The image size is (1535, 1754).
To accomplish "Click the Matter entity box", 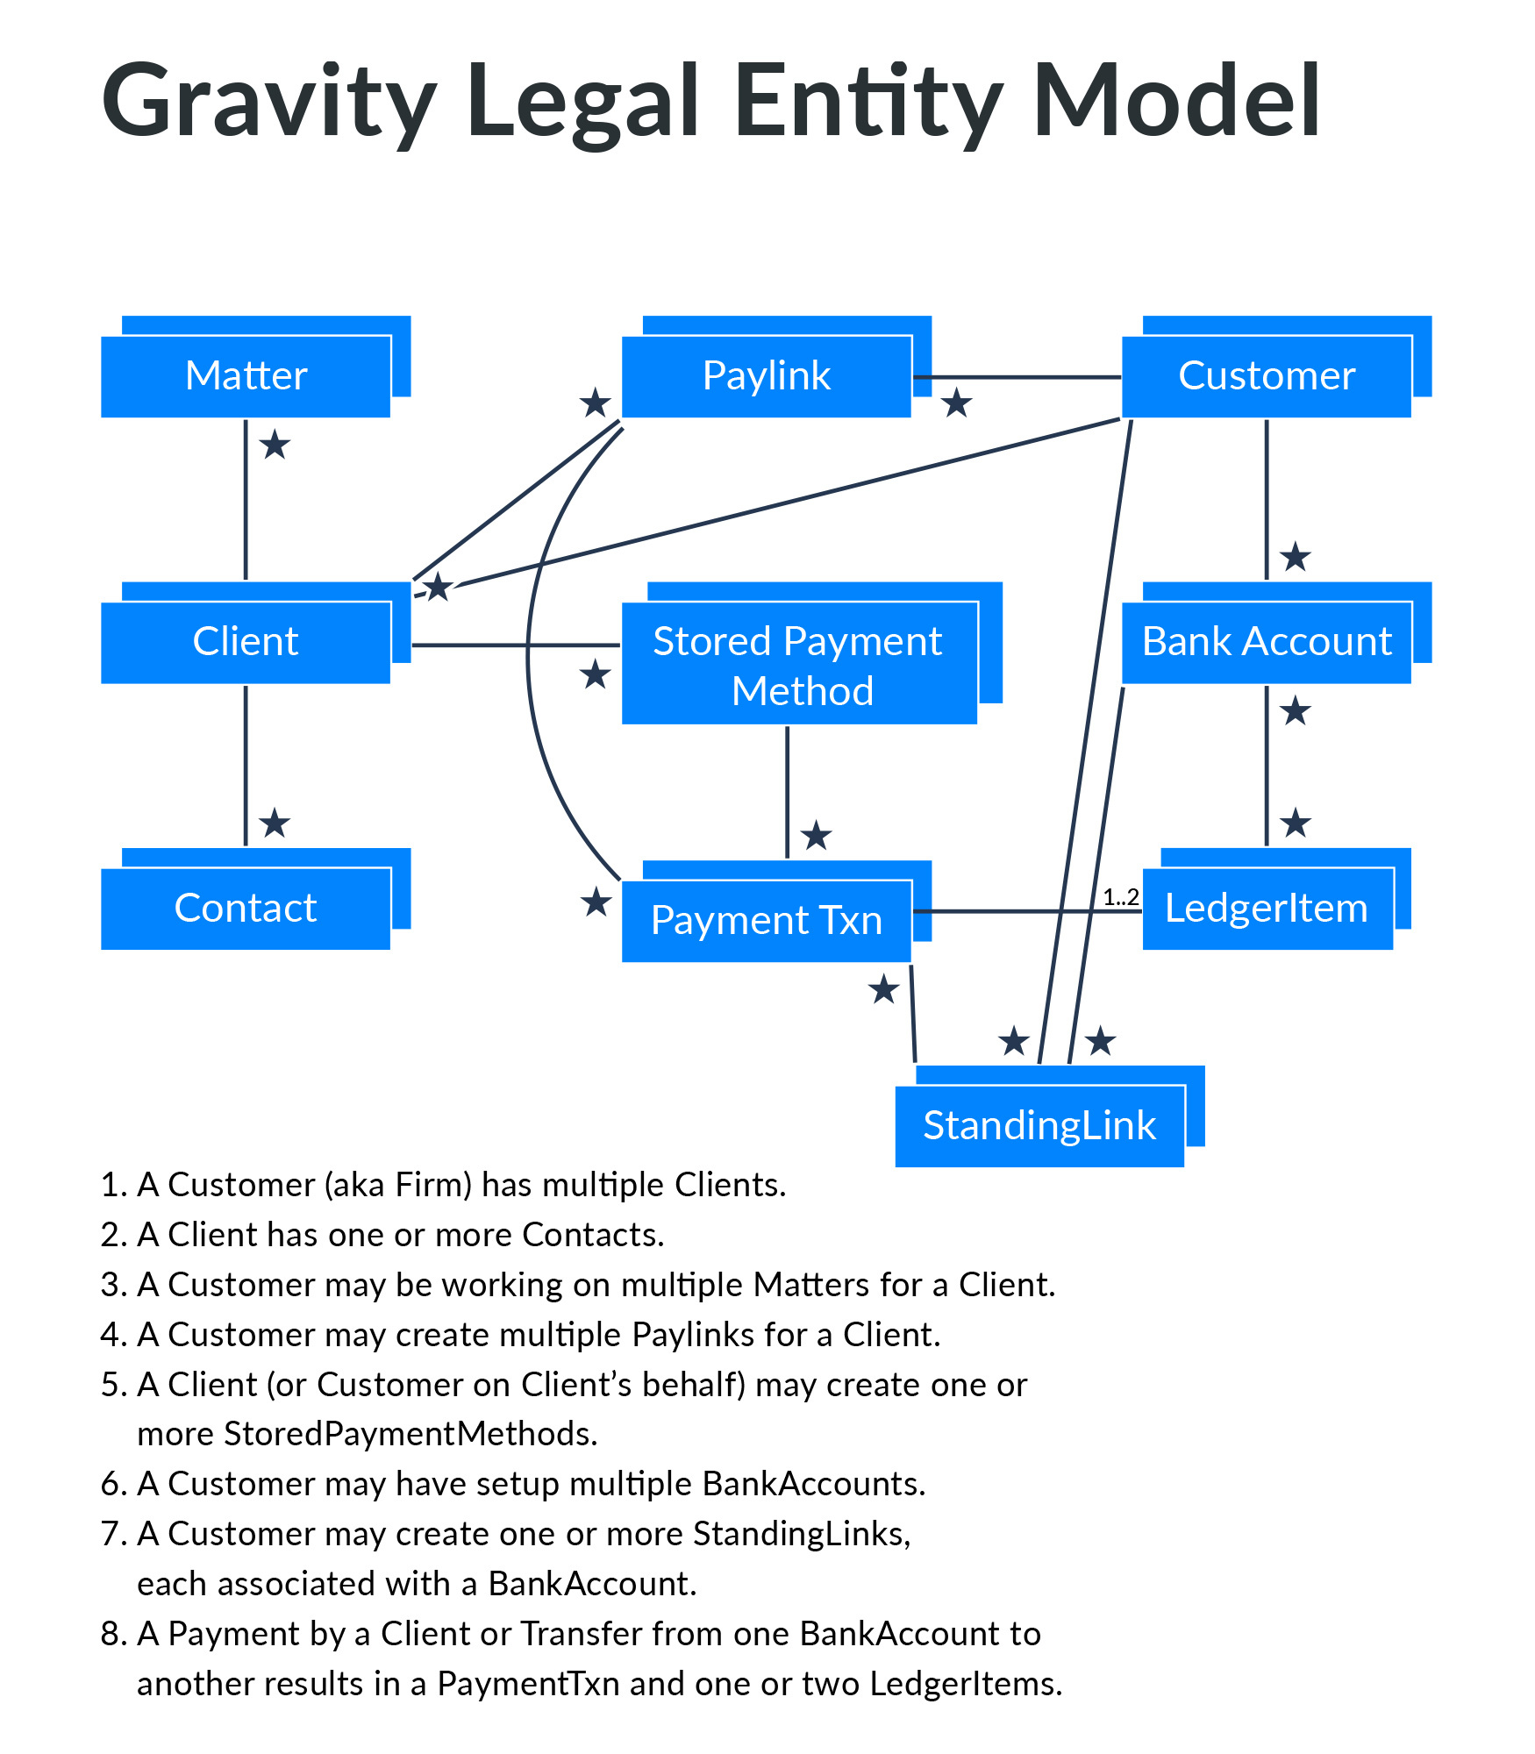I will pos(246,375).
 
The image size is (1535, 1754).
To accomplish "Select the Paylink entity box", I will pos(766,375).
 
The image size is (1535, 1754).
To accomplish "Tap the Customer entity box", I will pos(1266,375).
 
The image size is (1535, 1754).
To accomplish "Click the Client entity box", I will pos(246,641).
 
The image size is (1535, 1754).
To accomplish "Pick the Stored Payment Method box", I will pos(798,664).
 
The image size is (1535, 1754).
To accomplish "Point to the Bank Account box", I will pos(1266,641).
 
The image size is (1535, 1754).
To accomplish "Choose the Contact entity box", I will pos(246,908).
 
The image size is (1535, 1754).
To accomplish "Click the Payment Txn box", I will pos(766,920).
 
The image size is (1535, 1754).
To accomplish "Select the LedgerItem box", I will pos(1266,908).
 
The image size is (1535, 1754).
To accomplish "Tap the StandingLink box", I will pos(1039,1125).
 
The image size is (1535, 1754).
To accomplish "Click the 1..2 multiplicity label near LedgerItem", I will pos(1120,897).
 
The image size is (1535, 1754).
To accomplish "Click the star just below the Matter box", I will pos(275,446).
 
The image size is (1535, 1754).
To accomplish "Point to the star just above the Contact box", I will pos(275,823).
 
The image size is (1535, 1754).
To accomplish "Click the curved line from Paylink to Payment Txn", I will pos(528,649).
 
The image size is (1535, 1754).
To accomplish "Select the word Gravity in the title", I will pos(268,101).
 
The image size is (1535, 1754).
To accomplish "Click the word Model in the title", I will pos(1175,101).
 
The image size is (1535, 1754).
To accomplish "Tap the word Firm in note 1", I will pos(425,1185).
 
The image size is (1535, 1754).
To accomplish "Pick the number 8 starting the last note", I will pos(110,1635).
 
